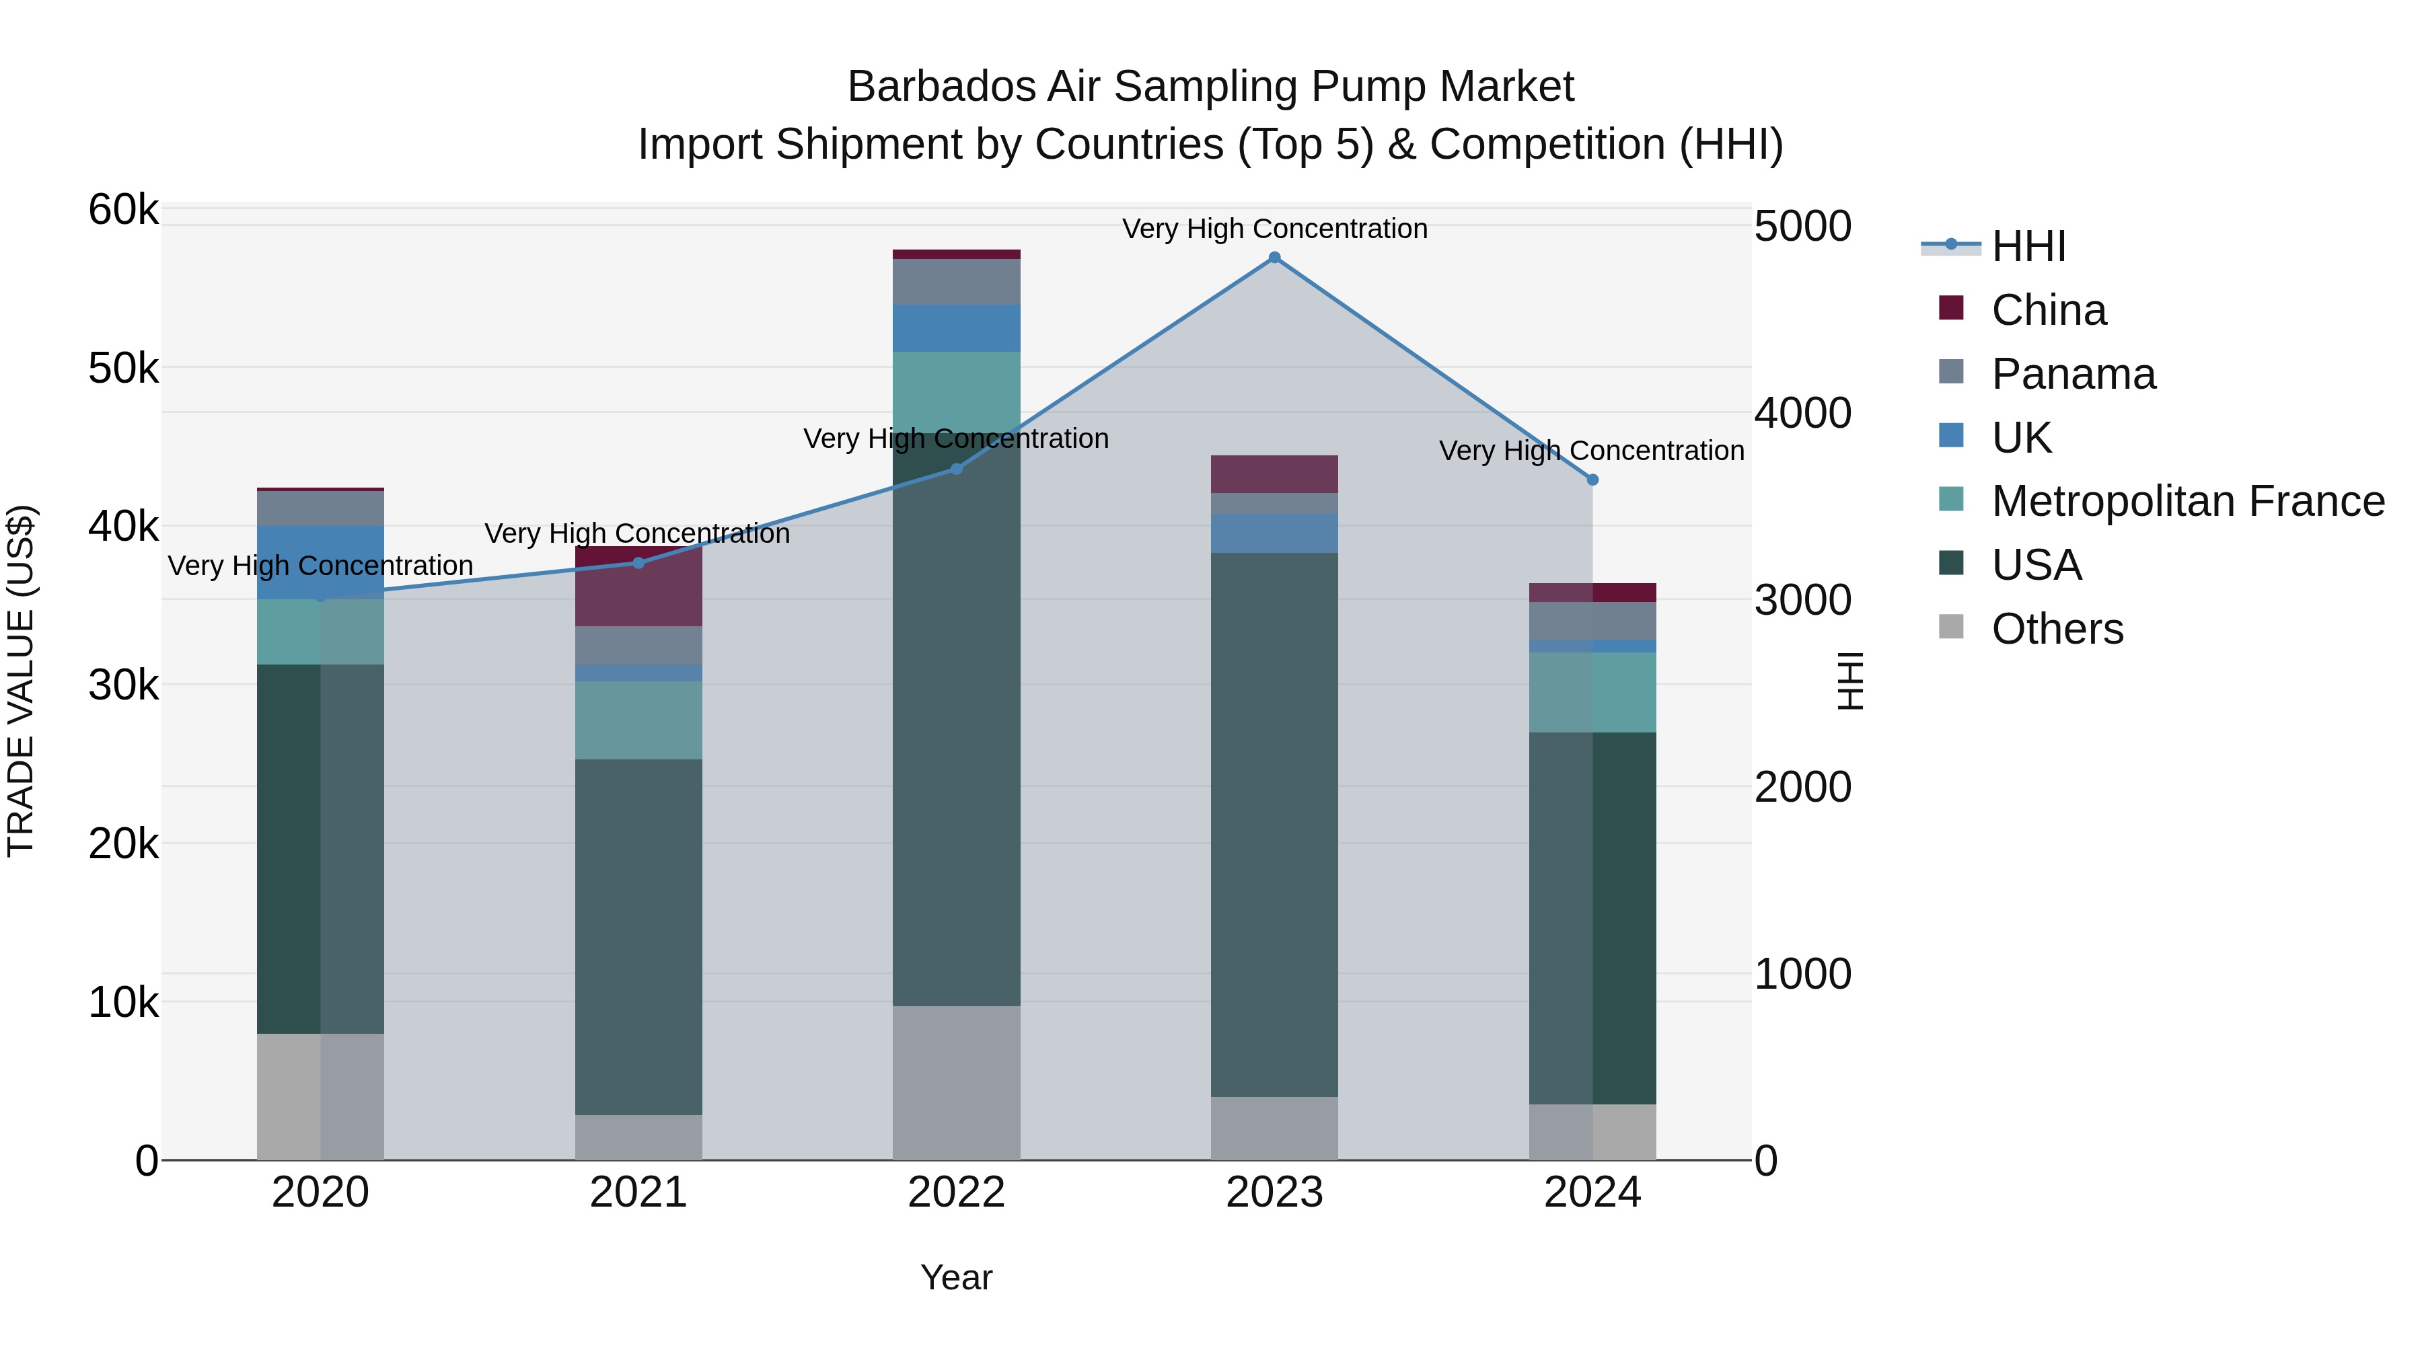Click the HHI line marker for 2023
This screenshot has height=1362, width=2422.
pos(1274,258)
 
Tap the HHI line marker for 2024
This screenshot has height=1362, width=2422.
pos(1592,480)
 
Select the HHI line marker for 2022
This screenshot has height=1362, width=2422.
pos(956,468)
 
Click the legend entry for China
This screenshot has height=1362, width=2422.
pos(2048,310)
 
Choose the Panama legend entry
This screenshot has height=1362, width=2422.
pos(2072,374)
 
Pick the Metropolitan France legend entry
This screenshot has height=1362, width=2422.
pos(2187,501)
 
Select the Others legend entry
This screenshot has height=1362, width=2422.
pos(2056,629)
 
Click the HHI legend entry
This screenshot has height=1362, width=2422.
pos(2028,246)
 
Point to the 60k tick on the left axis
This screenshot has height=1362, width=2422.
pos(123,210)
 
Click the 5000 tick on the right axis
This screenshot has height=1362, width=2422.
pos(1802,227)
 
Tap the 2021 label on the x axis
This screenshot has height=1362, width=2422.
pos(638,1193)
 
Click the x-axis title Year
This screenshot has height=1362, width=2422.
pos(956,1277)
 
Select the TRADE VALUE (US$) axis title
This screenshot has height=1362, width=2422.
pos(21,681)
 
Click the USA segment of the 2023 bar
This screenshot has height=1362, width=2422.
pos(1274,825)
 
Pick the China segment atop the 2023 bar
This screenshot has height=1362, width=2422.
pos(1274,474)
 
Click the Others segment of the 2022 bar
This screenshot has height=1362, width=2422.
pos(956,1083)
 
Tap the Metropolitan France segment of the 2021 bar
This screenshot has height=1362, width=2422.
pos(638,720)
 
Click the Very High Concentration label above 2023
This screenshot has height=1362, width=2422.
pos(1274,229)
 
